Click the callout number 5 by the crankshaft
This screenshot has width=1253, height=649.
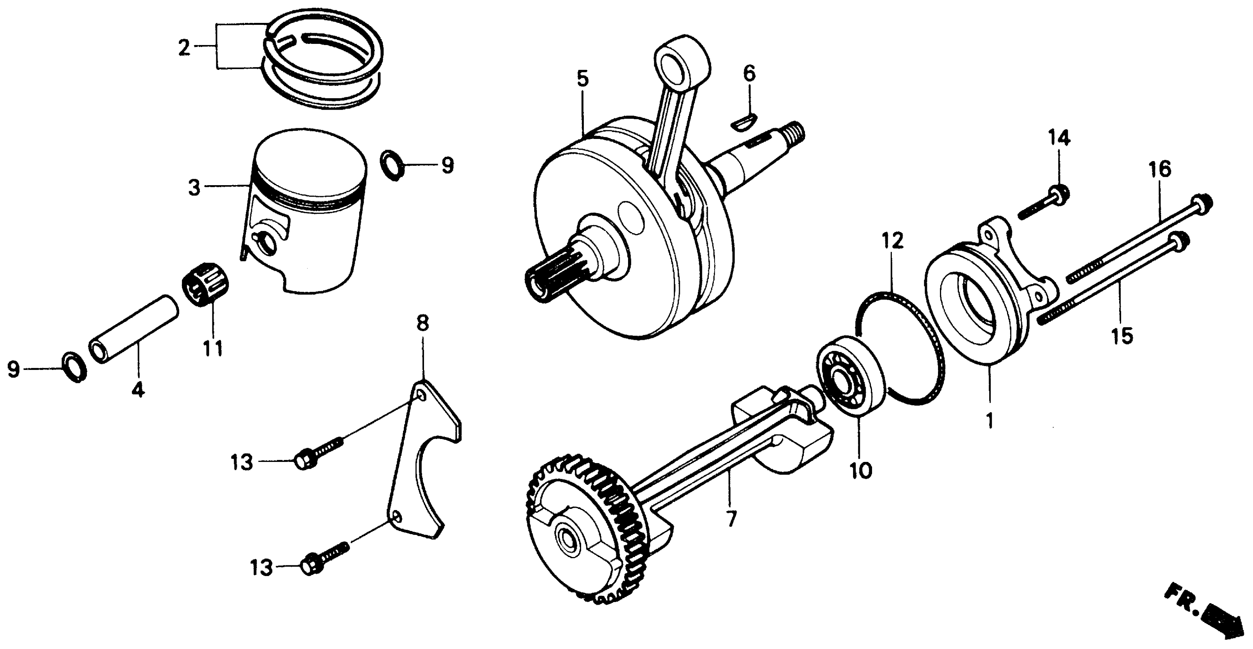pos(583,79)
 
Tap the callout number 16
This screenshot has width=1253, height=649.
pos(1160,170)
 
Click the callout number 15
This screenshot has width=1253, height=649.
pos(1122,336)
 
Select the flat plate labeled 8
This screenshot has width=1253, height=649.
pos(423,458)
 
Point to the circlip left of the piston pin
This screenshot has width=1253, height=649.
pos(75,366)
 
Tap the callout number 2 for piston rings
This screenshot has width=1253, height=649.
pos(184,48)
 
